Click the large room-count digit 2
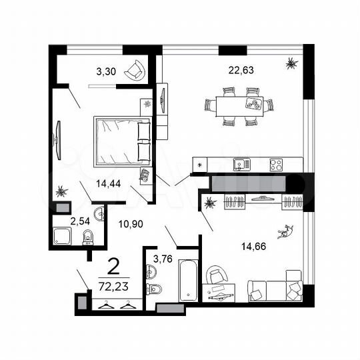pos(114,267)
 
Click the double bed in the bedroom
pos(122,140)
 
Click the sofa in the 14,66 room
pos(275,288)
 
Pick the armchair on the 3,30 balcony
pos(135,69)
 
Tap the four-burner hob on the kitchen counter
pos(276,163)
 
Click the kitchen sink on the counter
pos(239,163)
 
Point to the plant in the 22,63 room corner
pos(291,64)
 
